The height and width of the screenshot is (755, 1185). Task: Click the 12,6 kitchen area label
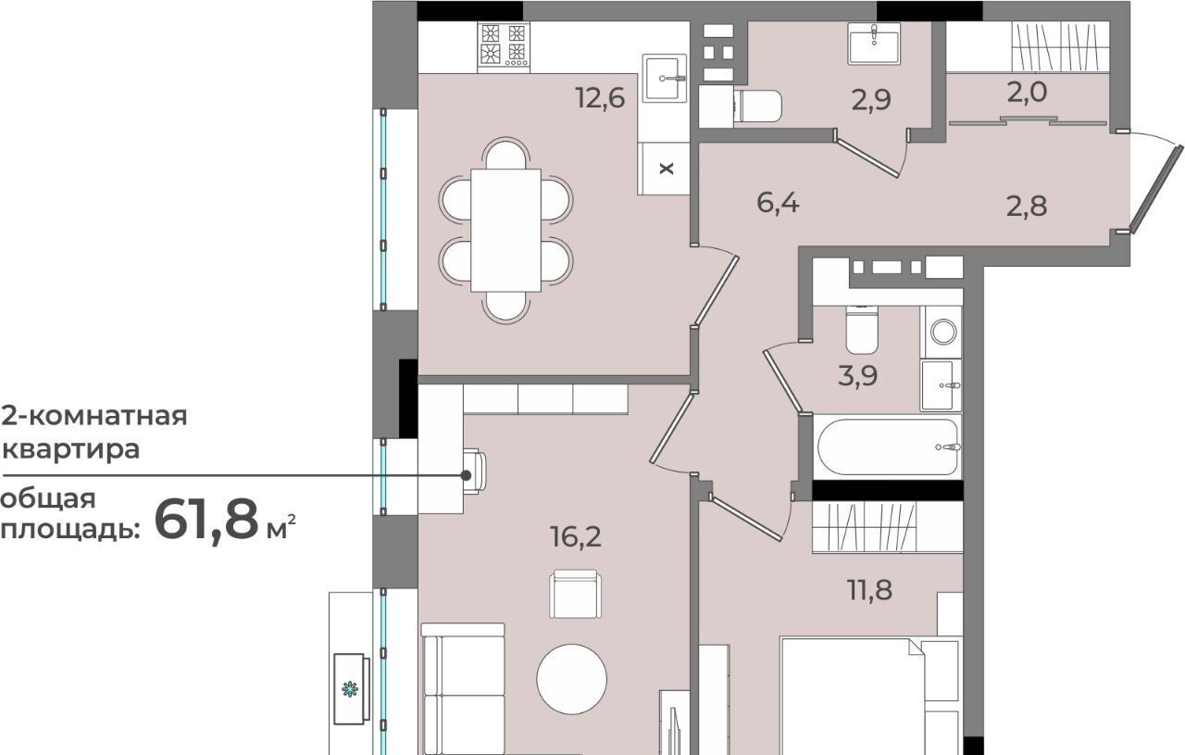pos(601,98)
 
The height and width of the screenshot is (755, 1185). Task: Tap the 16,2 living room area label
pos(576,537)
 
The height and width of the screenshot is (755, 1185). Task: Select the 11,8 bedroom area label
pos(870,590)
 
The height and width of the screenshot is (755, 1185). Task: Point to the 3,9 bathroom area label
pos(857,375)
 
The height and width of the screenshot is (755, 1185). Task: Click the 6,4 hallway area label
pos(778,203)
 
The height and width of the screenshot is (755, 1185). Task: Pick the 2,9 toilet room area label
pos(871,100)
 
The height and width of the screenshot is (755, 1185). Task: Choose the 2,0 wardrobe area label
pos(1027,92)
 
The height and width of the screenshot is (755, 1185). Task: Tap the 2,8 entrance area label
pos(1027,206)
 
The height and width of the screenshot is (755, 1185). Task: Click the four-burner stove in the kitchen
pos(504,47)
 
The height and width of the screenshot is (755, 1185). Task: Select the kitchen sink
pos(665,78)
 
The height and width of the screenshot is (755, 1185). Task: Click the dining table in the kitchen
pos(505,231)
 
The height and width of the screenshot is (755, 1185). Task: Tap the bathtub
pos(888,447)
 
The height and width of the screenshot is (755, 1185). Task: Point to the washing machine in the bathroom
pos(942,332)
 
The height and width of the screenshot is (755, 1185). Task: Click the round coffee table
pos(572,679)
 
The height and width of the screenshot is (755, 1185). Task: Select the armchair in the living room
pos(575,594)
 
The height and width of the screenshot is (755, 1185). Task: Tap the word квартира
pos(71,449)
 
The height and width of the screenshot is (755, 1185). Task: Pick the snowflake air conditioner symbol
pos(350,689)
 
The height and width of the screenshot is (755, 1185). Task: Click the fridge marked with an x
pos(664,169)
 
